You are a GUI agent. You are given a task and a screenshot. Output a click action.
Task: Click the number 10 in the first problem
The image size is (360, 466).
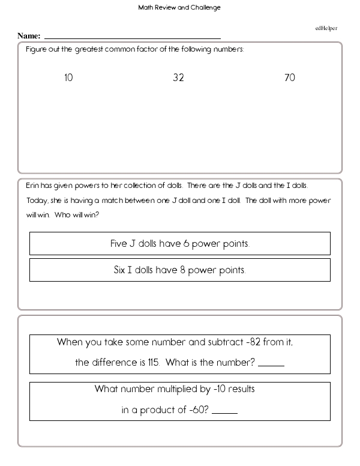(68, 78)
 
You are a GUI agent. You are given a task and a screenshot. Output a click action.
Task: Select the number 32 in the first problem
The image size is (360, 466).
(178, 78)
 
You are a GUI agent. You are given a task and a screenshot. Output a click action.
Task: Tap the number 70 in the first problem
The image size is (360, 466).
(290, 78)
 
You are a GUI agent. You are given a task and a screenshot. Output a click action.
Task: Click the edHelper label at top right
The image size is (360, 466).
(326, 28)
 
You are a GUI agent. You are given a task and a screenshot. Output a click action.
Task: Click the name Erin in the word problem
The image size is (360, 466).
(33, 185)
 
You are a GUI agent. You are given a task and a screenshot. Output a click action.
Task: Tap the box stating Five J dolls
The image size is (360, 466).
(180, 244)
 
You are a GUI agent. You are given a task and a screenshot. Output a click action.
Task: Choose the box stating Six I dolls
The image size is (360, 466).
(180, 270)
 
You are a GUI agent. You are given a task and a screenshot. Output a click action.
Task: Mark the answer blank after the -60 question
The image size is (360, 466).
(224, 413)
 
